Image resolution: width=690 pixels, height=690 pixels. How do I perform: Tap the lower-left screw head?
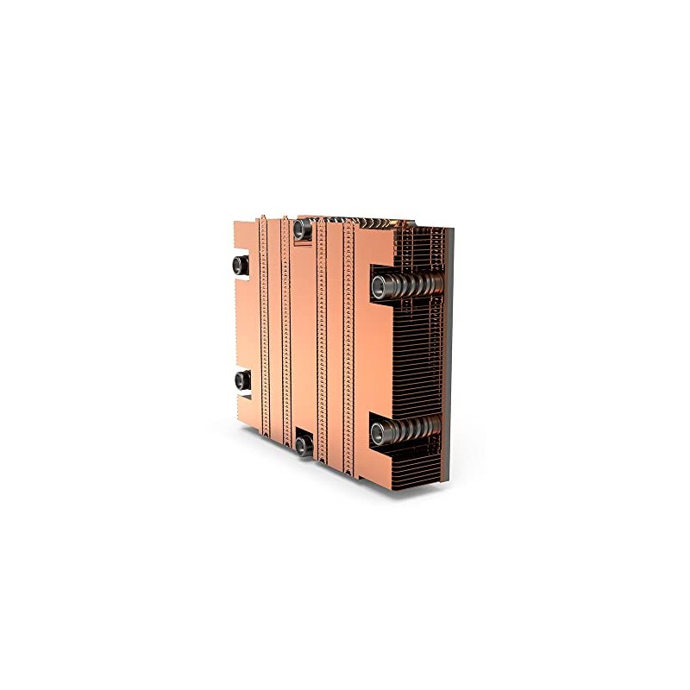[239, 379]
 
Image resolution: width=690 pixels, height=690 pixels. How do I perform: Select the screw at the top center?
[300, 229]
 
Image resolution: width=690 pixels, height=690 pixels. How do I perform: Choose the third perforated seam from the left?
[321, 336]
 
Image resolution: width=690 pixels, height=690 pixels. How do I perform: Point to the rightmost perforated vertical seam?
[348, 336]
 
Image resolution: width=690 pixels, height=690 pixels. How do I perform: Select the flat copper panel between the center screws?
[302, 336]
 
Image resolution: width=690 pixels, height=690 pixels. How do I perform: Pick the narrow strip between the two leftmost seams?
[275, 336]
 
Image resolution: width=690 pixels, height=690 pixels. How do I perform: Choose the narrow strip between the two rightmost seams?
[335, 336]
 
